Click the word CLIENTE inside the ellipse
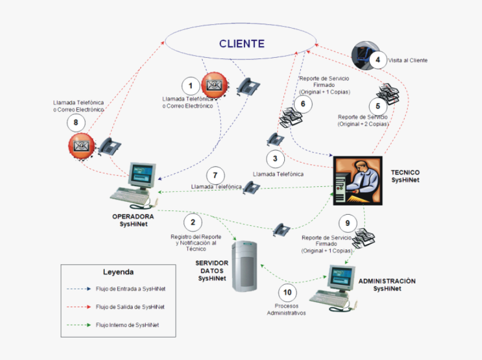[x=242, y=44]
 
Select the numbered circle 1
[x=192, y=86]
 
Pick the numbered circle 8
[x=77, y=122]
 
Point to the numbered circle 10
[x=288, y=292]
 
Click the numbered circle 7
[x=216, y=174]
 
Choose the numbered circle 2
[x=193, y=222]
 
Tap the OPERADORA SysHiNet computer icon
[x=137, y=183]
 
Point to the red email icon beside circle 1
[x=214, y=85]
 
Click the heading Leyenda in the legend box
[x=118, y=272]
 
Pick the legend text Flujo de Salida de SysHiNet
[x=130, y=307]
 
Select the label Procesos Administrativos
[x=286, y=310]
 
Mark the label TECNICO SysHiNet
[x=405, y=176]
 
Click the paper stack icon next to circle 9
[x=364, y=238]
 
